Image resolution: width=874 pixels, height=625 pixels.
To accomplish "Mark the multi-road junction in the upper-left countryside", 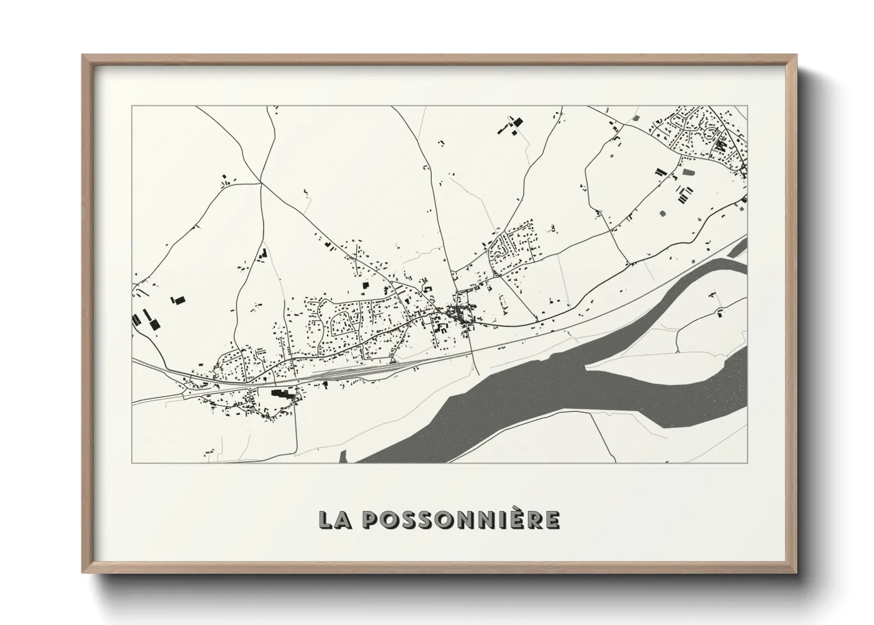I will pos(260,183).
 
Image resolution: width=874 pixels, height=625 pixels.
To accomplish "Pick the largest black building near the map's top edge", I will pos(518,122).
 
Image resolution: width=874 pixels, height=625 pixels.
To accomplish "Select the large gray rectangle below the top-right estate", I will pos(687,172).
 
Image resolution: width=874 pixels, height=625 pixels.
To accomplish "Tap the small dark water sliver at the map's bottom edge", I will pos(343,455).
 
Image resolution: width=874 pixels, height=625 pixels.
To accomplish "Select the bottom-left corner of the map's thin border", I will pos(132,463).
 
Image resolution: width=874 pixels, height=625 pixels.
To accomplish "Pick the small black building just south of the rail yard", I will pos(325,385).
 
